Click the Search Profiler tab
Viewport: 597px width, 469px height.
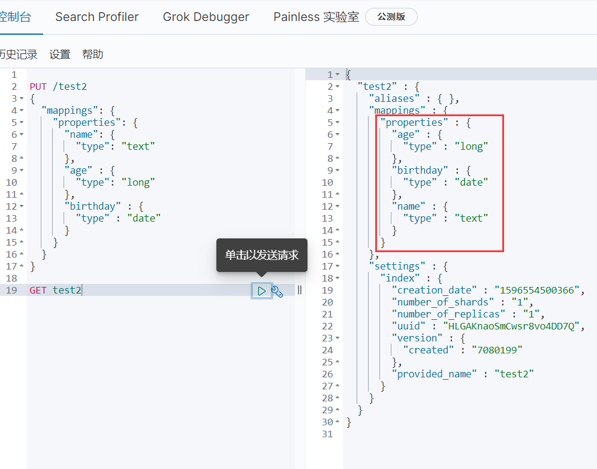click(x=97, y=17)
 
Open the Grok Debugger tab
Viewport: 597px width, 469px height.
click(x=206, y=17)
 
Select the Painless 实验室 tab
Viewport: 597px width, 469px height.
click(x=316, y=17)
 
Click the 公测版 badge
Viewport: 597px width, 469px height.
click(x=391, y=17)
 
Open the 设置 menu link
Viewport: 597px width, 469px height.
click(x=60, y=55)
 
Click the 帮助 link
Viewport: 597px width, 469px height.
click(x=92, y=55)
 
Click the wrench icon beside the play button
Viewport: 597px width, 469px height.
click(x=277, y=291)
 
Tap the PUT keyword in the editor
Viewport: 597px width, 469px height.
click(x=38, y=87)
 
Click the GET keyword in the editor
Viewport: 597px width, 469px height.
click(x=38, y=291)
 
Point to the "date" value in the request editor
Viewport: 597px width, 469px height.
click(x=144, y=219)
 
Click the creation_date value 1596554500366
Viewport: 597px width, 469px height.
click(x=537, y=291)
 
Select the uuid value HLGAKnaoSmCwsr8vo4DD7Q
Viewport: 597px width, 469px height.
click(x=511, y=326)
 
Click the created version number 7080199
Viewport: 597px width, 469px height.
click(x=497, y=350)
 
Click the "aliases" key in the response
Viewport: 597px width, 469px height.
click(x=394, y=98)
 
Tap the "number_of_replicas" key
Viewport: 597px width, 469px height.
click(x=448, y=314)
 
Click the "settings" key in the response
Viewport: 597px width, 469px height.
click(x=397, y=267)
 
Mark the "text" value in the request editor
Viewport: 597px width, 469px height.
click(x=138, y=146)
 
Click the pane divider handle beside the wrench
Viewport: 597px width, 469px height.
click(x=300, y=291)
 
